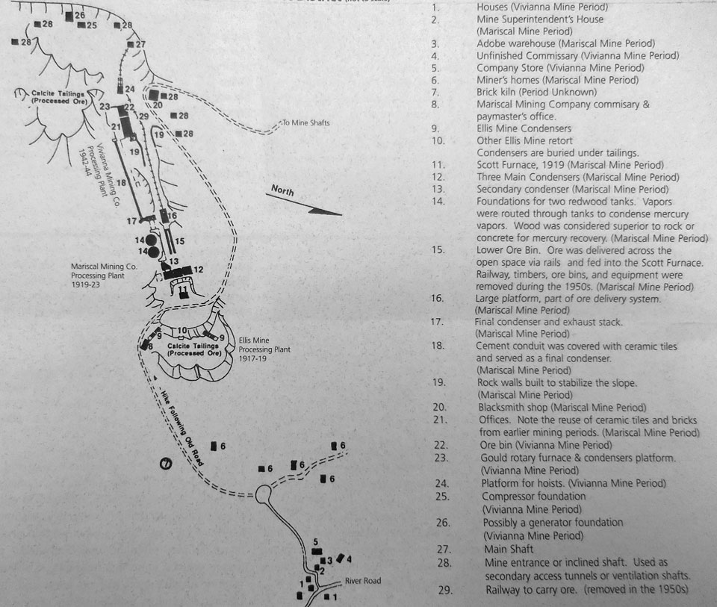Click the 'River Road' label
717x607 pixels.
[x=362, y=581]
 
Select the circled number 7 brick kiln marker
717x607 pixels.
[x=166, y=463]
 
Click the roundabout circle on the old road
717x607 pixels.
[x=263, y=494]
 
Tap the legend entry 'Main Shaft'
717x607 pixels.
[x=506, y=547]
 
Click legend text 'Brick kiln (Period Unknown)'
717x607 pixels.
[x=536, y=92]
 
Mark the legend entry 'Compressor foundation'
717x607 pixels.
[x=533, y=497]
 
